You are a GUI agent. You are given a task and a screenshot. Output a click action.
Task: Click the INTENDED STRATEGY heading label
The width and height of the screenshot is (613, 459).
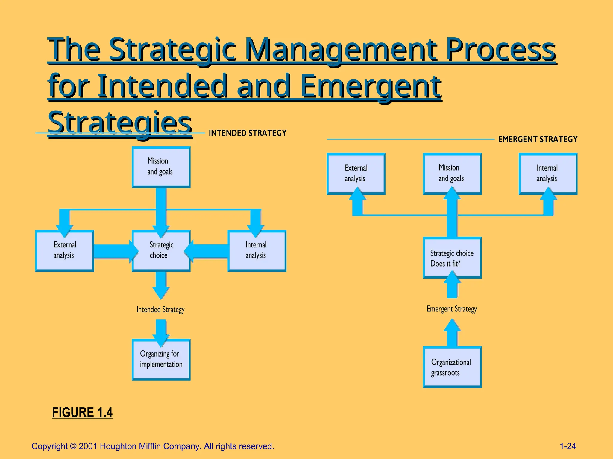pos(248,133)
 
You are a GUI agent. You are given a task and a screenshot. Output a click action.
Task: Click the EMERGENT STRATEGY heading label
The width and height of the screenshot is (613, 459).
pos(538,139)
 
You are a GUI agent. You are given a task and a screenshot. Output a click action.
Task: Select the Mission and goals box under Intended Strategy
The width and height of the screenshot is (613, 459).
pos(161,167)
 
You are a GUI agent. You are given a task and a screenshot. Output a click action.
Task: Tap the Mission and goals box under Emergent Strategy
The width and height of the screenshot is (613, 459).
pos(452,174)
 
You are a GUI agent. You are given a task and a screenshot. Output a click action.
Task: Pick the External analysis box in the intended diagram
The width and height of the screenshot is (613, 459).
pos(64,250)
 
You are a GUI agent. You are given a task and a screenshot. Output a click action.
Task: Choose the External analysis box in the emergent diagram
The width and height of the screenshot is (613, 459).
pos(356,174)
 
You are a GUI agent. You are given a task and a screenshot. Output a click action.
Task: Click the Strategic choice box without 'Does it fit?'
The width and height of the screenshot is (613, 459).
pos(161,250)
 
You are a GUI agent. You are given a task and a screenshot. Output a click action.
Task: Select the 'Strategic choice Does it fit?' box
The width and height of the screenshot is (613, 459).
pos(452,258)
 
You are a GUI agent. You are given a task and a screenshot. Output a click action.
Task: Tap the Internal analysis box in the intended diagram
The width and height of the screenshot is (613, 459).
pos(257,250)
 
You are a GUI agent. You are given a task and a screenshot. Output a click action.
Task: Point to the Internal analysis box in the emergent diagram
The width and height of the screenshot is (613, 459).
pos(548,174)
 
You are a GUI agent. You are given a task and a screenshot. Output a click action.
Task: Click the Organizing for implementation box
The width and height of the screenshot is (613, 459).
pos(161,359)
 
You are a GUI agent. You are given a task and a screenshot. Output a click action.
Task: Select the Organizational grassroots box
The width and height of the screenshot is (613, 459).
pos(452,367)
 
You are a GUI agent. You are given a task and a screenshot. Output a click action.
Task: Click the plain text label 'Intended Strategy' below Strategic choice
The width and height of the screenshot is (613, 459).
pos(160,310)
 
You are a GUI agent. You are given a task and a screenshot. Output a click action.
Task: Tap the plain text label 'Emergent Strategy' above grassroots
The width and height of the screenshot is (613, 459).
pos(452,309)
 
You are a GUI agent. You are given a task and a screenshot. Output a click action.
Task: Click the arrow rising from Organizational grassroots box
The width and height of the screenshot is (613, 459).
pos(452,333)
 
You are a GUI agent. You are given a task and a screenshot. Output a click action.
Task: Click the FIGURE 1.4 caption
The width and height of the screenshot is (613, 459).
pos(82,412)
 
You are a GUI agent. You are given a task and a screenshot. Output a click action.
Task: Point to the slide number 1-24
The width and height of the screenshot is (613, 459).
pos(568,446)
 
